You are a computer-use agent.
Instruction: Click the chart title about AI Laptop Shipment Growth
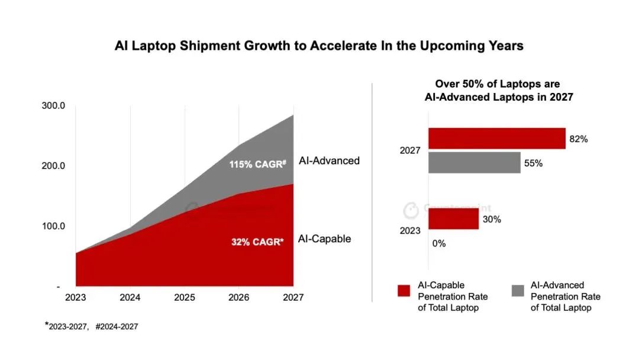click(x=319, y=46)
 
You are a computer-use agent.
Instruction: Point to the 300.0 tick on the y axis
click(x=53, y=105)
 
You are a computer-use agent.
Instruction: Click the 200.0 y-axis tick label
click(x=53, y=166)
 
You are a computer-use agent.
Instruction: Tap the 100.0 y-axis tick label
click(x=53, y=226)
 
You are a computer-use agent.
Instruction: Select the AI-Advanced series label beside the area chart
click(x=329, y=160)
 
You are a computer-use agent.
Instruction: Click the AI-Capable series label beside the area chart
click(x=325, y=239)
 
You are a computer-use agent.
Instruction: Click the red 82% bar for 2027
click(x=496, y=139)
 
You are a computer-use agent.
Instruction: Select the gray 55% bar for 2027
click(x=474, y=162)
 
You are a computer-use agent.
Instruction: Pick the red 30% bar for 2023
click(x=453, y=219)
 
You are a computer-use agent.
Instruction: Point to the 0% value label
click(x=438, y=243)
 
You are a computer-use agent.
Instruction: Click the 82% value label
click(x=578, y=139)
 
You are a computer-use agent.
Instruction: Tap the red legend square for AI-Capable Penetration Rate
click(x=404, y=290)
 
